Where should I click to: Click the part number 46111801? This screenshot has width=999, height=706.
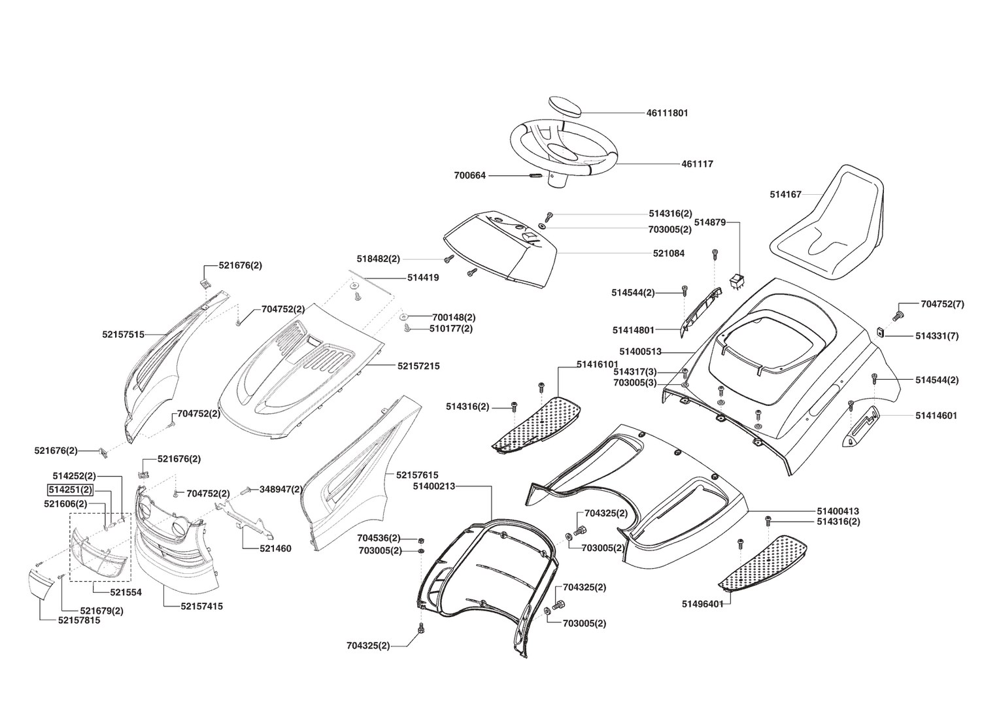667,113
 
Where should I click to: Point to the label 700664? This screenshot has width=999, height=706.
469,176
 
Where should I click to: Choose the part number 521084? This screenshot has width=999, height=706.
668,253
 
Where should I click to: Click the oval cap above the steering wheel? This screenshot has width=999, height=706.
564,105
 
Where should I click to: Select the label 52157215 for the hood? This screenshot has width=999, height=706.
418,366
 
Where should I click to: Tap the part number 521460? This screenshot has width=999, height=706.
276,548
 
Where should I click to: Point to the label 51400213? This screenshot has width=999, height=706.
434,486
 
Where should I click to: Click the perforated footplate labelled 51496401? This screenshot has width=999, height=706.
763,562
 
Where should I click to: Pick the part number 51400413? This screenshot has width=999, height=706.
838,511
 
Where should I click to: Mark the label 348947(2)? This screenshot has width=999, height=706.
281,489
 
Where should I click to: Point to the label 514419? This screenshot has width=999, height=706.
423,277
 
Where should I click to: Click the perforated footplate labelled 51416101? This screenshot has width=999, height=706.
537,420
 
